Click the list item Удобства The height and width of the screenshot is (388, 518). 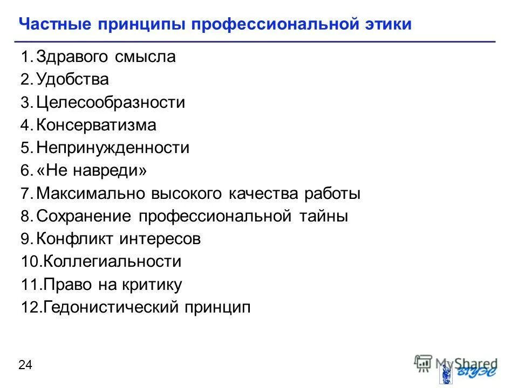point(73,80)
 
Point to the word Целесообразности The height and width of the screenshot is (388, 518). point(111,102)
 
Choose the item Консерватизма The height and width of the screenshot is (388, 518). point(97,126)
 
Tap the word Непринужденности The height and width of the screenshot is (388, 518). point(113,148)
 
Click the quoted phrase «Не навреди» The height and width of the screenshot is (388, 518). point(92,171)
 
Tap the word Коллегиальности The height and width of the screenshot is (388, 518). point(112,262)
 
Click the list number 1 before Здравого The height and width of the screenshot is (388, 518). point(25,57)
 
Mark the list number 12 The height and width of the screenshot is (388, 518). point(30,308)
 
